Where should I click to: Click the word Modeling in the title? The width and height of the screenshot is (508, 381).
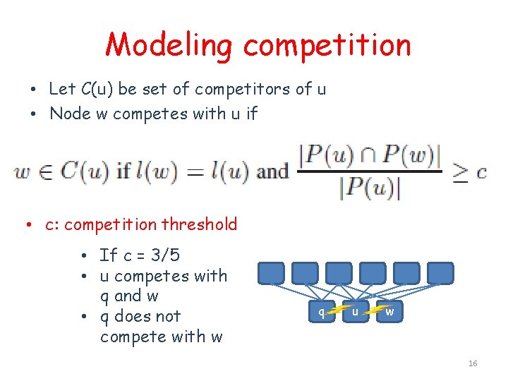pyautogui.click(x=168, y=45)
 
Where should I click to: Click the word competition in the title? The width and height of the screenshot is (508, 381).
pyautogui.click(x=327, y=45)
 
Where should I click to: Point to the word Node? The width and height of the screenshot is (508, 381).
pyautogui.click(x=69, y=114)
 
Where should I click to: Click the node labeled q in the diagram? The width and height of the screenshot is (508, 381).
pyautogui.click(x=322, y=312)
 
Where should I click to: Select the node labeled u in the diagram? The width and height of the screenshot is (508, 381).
pyautogui.click(x=356, y=312)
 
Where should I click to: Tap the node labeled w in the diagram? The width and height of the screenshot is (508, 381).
pyautogui.click(x=389, y=311)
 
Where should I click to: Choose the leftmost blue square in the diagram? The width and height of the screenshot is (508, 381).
pyautogui.click(x=271, y=273)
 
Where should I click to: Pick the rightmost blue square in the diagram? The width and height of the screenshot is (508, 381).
pyautogui.click(x=440, y=273)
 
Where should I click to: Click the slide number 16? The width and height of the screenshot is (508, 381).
pyautogui.click(x=473, y=363)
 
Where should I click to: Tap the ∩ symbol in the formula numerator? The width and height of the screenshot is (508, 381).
pyautogui.click(x=370, y=155)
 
